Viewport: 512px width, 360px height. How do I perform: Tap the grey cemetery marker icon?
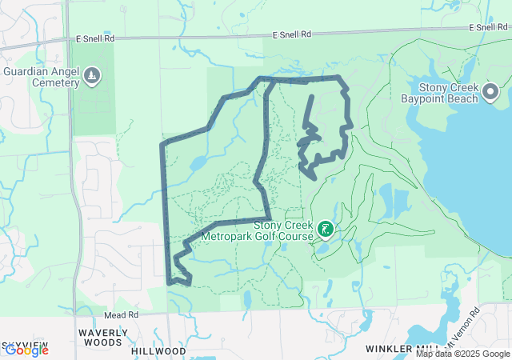(x=94, y=75)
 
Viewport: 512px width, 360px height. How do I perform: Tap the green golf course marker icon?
(x=326, y=230)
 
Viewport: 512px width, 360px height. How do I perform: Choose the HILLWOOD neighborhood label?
(x=158, y=351)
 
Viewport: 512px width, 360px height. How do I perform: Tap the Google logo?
(x=26, y=350)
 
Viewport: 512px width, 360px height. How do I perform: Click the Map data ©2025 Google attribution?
(x=462, y=354)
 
